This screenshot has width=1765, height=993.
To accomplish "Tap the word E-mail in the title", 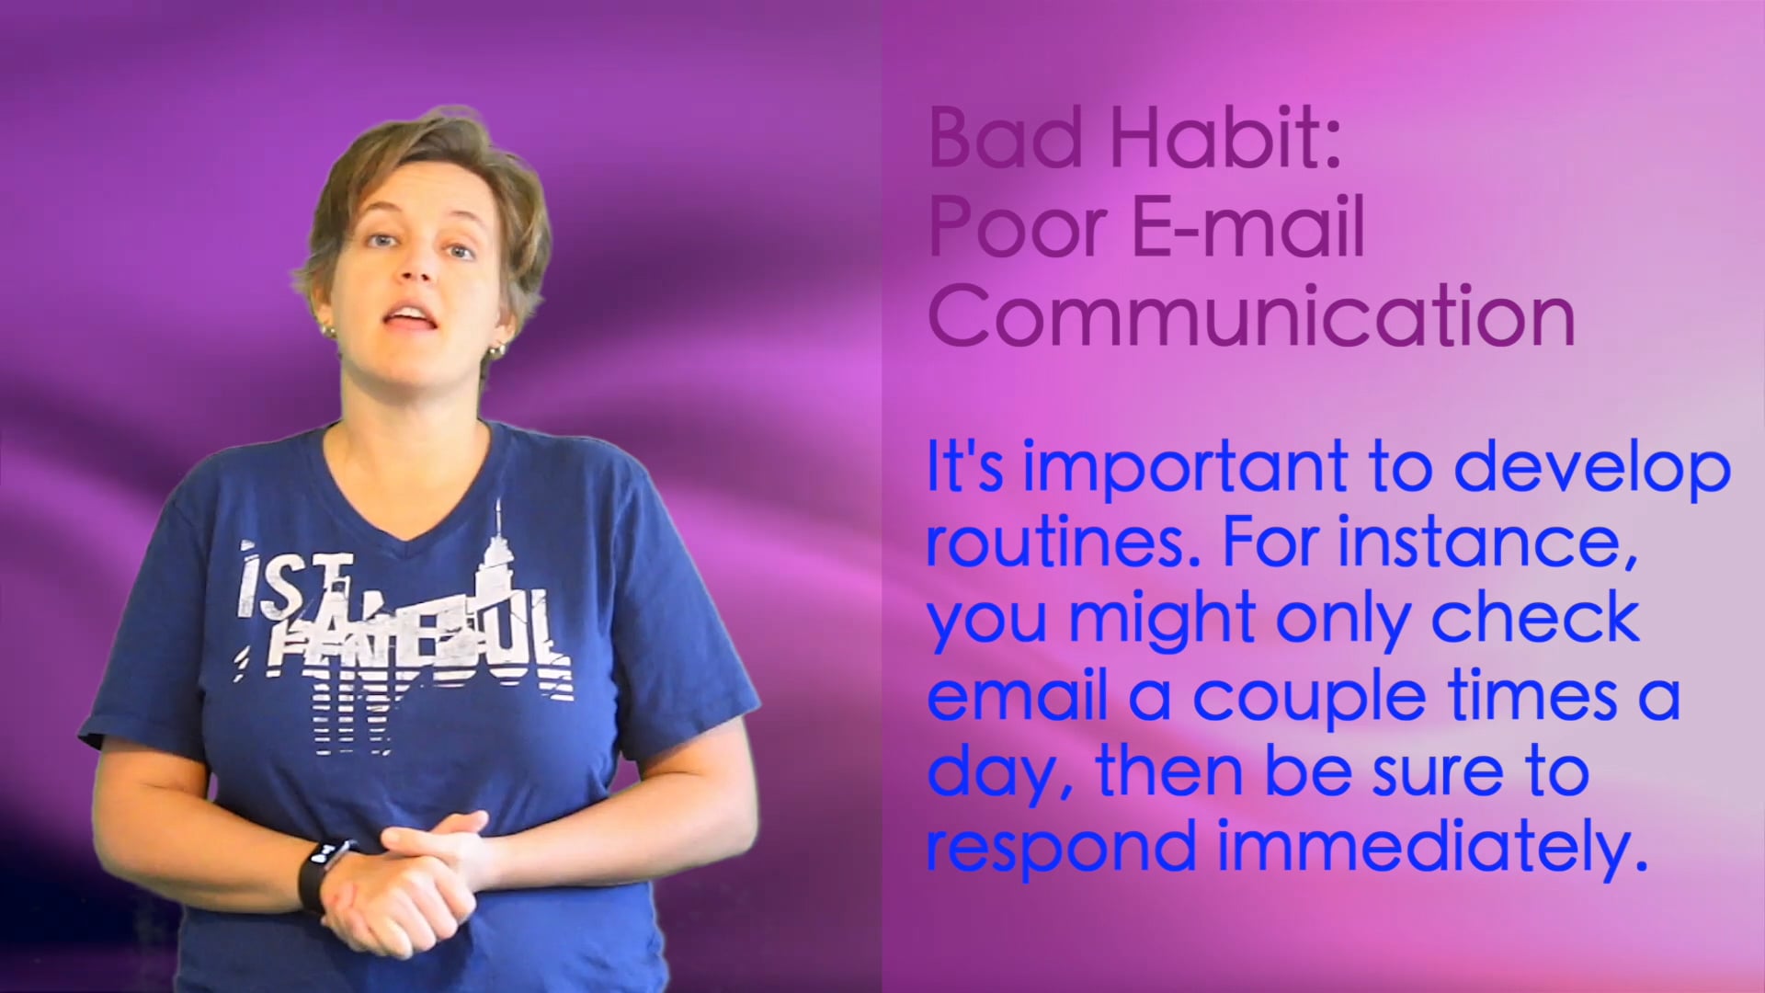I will tap(1248, 228).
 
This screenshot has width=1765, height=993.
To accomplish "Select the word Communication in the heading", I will tap(1251, 316).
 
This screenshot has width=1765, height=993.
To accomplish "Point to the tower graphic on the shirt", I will tap(498, 552).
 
